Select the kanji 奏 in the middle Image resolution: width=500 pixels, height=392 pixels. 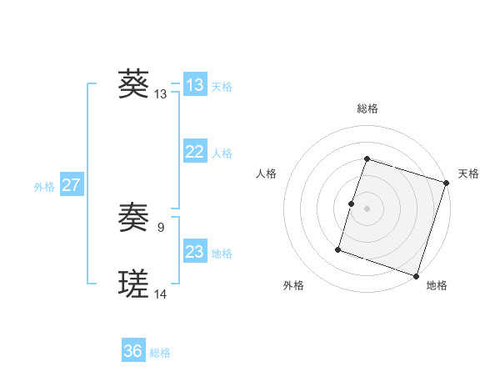pyautogui.click(x=133, y=219)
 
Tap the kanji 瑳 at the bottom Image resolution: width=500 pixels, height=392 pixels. pyautogui.click(x=133, y=284)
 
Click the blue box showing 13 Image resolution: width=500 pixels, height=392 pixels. pyautogui.click(x=195, y=85)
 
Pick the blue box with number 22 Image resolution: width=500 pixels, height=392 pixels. pyautogui.click(x=195, y=152)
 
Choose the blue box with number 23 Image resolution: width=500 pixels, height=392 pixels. pyautogui.click(x=195, y=252)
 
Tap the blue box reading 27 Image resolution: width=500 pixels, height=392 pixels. pyautogui.click(x=71, y=185)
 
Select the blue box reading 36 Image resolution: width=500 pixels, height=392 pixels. pyautogui.click(x=133, y=352)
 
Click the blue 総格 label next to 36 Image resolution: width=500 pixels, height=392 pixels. pyautogui.click(x=160, y=354)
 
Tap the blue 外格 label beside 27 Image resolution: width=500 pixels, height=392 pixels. pyautogui.click(x=44, y=187)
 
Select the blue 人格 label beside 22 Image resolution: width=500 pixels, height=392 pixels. pyautogui.click(x=222, y=153)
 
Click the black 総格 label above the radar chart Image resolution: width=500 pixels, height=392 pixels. pyautogui.click(x=367, y=108)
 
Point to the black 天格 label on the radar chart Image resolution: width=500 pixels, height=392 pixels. pyautogui.click(x=469, y=173)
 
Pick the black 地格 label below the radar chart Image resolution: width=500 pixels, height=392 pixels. pyautogui.click(x=437, y=286)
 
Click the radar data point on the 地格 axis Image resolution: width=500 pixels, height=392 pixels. pyautogui.click(x=416, y=276)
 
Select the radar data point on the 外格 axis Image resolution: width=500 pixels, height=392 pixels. pyautogui.click(x=338, y=249)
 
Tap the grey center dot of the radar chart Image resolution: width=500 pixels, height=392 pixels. pyautogui.click(x=367, y=209)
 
